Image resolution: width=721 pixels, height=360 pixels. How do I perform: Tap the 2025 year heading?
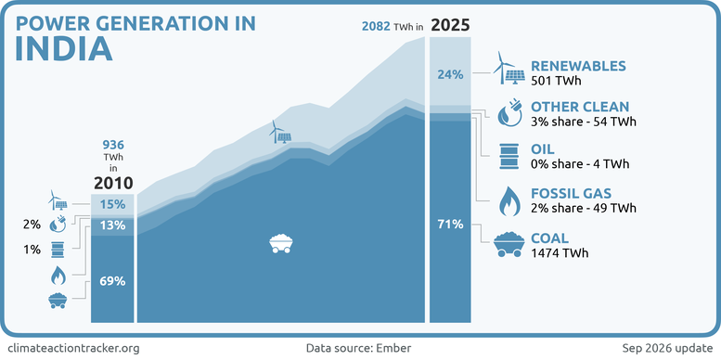click(x=450, y=25)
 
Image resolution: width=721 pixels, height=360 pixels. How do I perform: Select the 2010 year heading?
click(x=113, y=183)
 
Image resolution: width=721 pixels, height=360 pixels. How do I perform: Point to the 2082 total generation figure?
click(x=377, y=26)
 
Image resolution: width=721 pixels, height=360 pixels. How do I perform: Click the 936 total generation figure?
click(x=113, y=146)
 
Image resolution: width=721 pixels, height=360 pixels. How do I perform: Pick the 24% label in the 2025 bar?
click(x=450, y=74)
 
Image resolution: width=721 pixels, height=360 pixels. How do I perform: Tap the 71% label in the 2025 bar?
click(x=450, y=225)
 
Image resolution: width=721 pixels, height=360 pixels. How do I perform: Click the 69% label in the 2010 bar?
click(x=112, y=281)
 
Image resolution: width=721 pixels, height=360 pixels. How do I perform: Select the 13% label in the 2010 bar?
click(x=112, y=225)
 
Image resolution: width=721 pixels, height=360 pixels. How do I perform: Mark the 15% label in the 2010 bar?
click(x=112, y=204)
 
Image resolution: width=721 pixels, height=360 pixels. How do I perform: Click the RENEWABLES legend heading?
click(x=578, y=66)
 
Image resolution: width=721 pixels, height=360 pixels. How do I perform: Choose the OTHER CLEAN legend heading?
click(x=580, y=107)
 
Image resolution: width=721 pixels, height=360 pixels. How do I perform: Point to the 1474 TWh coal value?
click(x=560, y=253)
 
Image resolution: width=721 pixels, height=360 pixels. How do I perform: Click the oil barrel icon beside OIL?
click(x=509, y=156)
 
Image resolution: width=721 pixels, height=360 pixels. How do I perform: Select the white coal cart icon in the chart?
click(x=280, y=243)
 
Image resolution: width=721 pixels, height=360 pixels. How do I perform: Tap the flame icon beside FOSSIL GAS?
click(x=509, y=200)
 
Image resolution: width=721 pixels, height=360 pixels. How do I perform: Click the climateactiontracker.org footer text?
click(x=73, y=348)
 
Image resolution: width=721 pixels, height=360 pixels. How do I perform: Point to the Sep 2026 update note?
click(x=668, y=348)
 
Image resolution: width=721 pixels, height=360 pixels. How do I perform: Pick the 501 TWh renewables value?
click(x=554, y=81)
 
